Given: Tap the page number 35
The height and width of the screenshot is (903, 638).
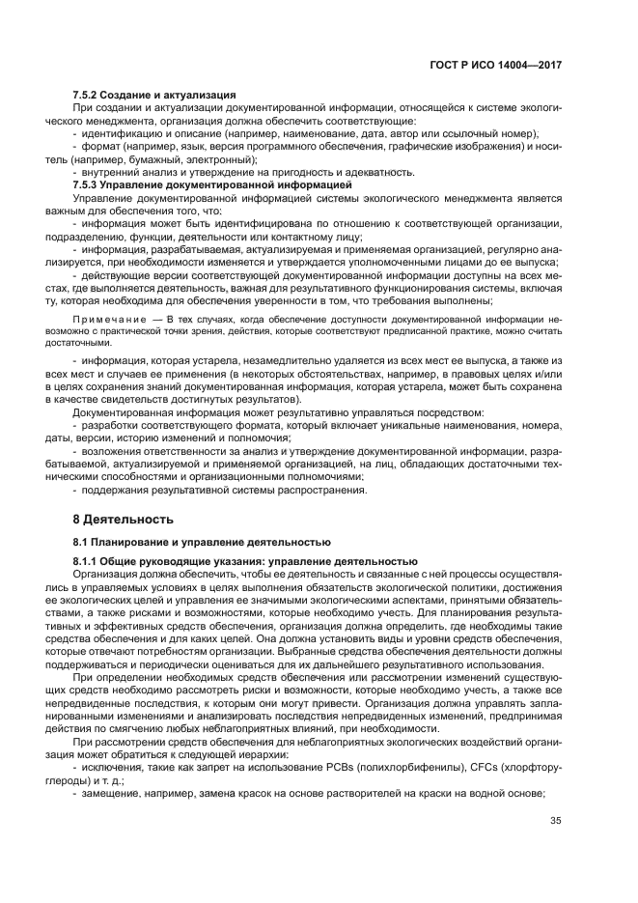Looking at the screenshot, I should pos(555,822).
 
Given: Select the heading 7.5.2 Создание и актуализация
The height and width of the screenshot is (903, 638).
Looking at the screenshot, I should pos(154,95).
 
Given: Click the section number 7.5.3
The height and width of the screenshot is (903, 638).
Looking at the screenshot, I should pos(90,184).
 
